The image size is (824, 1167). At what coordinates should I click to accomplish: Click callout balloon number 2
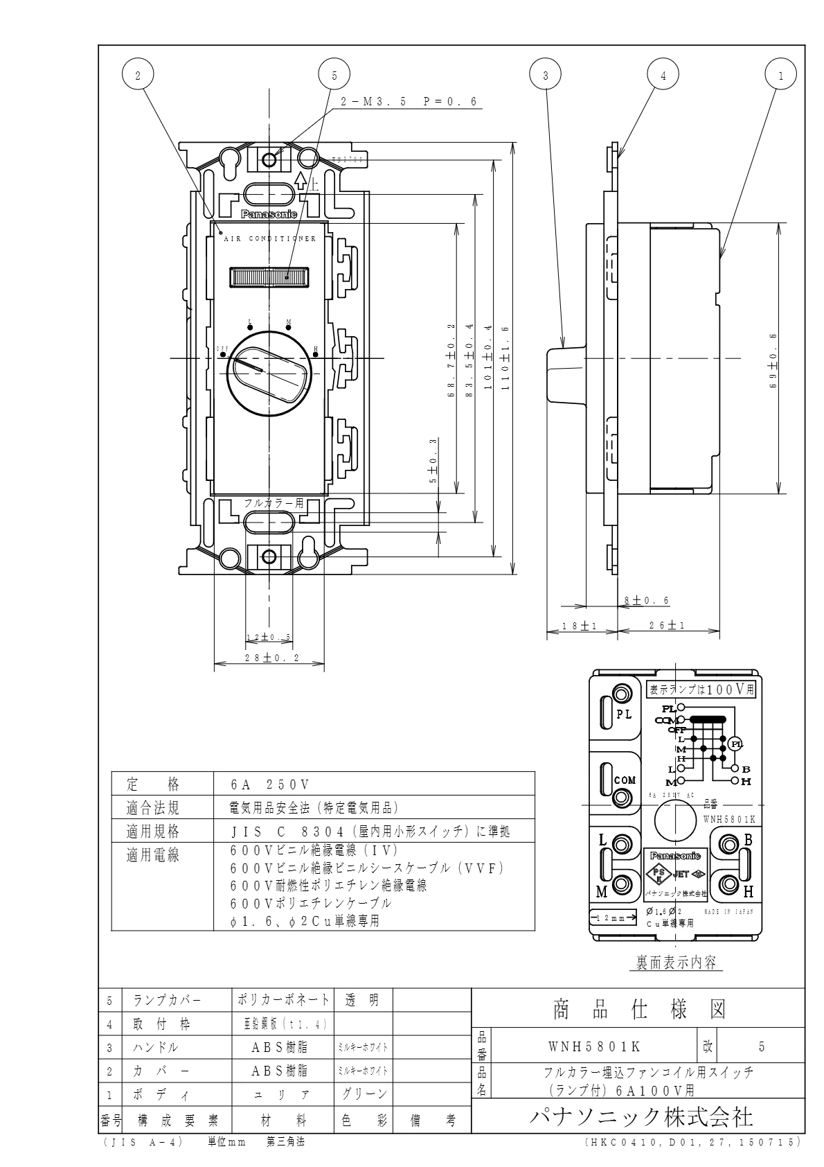[x=138, y=76]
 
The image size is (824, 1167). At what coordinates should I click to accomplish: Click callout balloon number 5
[x=334, y=76]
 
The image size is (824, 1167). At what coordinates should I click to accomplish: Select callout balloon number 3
[x=546, y=76]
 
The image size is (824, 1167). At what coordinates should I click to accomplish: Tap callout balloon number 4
[x=663, y=76]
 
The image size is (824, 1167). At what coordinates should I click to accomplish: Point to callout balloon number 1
[x=781, y=76]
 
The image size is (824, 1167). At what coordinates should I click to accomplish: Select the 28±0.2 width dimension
[x=271, y=658]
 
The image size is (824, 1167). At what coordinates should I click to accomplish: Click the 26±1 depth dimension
[x=668, y=626]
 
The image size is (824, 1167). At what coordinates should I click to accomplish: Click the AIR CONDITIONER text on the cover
[x=269, y=239]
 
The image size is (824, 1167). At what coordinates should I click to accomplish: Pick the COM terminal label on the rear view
[x=624, y=780]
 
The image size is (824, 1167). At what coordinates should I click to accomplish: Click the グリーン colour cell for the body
[x=364, y=1094]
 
